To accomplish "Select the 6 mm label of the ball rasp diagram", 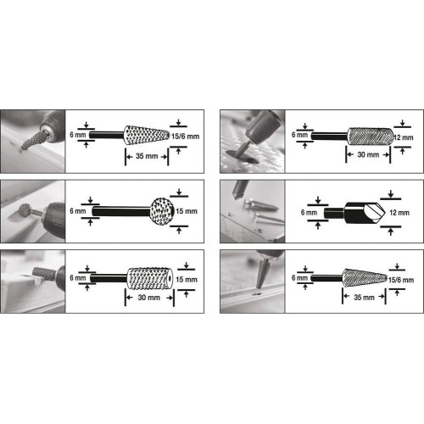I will tap(77, 209).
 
